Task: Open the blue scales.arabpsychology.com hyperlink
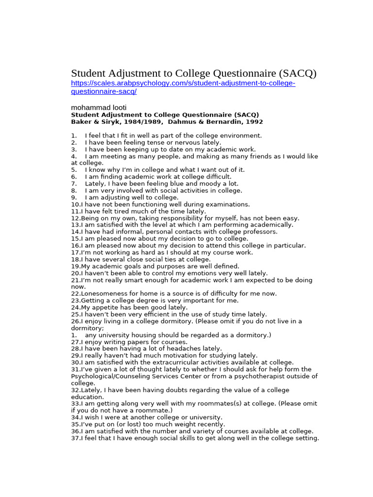coord(183,83)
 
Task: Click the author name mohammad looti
coord(99,107)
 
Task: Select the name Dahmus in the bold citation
coord(190,122)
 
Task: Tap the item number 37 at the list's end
coord(75,438)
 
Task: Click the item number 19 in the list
coord(75,266)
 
